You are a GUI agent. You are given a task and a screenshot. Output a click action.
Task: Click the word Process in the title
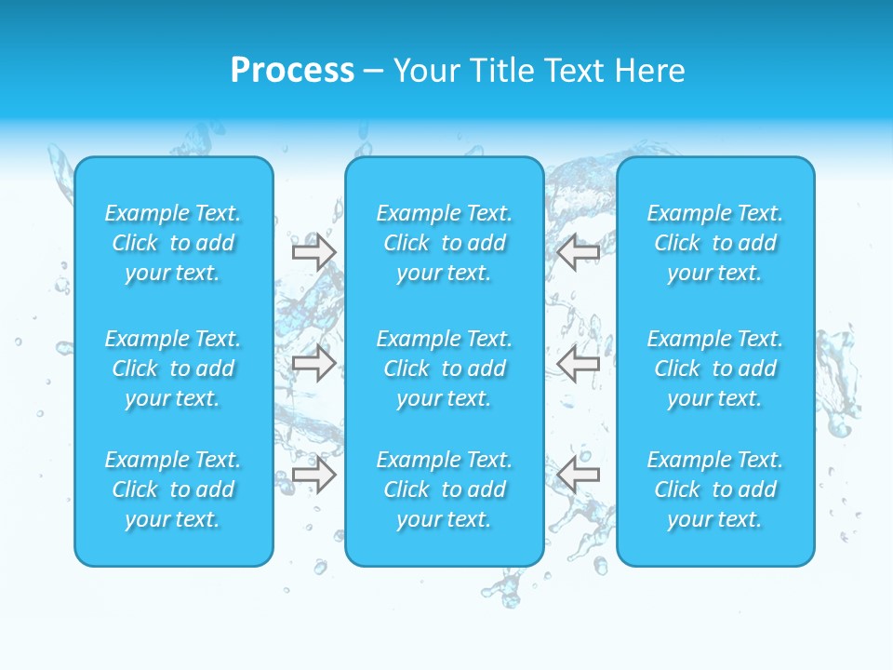point(292,71)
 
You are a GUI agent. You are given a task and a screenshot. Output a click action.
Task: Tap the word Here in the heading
point(651,71)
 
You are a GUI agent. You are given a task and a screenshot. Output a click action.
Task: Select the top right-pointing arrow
point(313,251)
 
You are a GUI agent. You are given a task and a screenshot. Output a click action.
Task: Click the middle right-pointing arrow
point(313,363)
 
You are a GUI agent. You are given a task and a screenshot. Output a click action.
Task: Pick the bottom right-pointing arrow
point(313,475)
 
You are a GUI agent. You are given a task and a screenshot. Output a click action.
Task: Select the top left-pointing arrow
point(578,251)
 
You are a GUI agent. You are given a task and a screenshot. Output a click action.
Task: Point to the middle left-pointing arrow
point(578,363)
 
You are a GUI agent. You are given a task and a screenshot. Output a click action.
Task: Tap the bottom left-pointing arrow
point(578,475)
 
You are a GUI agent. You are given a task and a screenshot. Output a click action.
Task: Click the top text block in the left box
point(173,243)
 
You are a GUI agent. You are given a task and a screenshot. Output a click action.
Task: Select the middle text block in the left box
point(173,368)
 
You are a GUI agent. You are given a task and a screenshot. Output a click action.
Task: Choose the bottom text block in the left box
point(173,489)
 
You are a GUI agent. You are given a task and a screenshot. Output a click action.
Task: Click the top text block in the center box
point(445,243)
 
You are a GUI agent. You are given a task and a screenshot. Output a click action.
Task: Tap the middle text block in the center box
point(445,368)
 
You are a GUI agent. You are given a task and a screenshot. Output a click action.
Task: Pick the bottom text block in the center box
point(445,489)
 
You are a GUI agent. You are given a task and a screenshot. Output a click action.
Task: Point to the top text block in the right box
point(715,243)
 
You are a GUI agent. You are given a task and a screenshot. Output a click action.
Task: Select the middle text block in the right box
point(715,368)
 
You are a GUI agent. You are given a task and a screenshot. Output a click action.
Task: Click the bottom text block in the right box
point(715,489)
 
